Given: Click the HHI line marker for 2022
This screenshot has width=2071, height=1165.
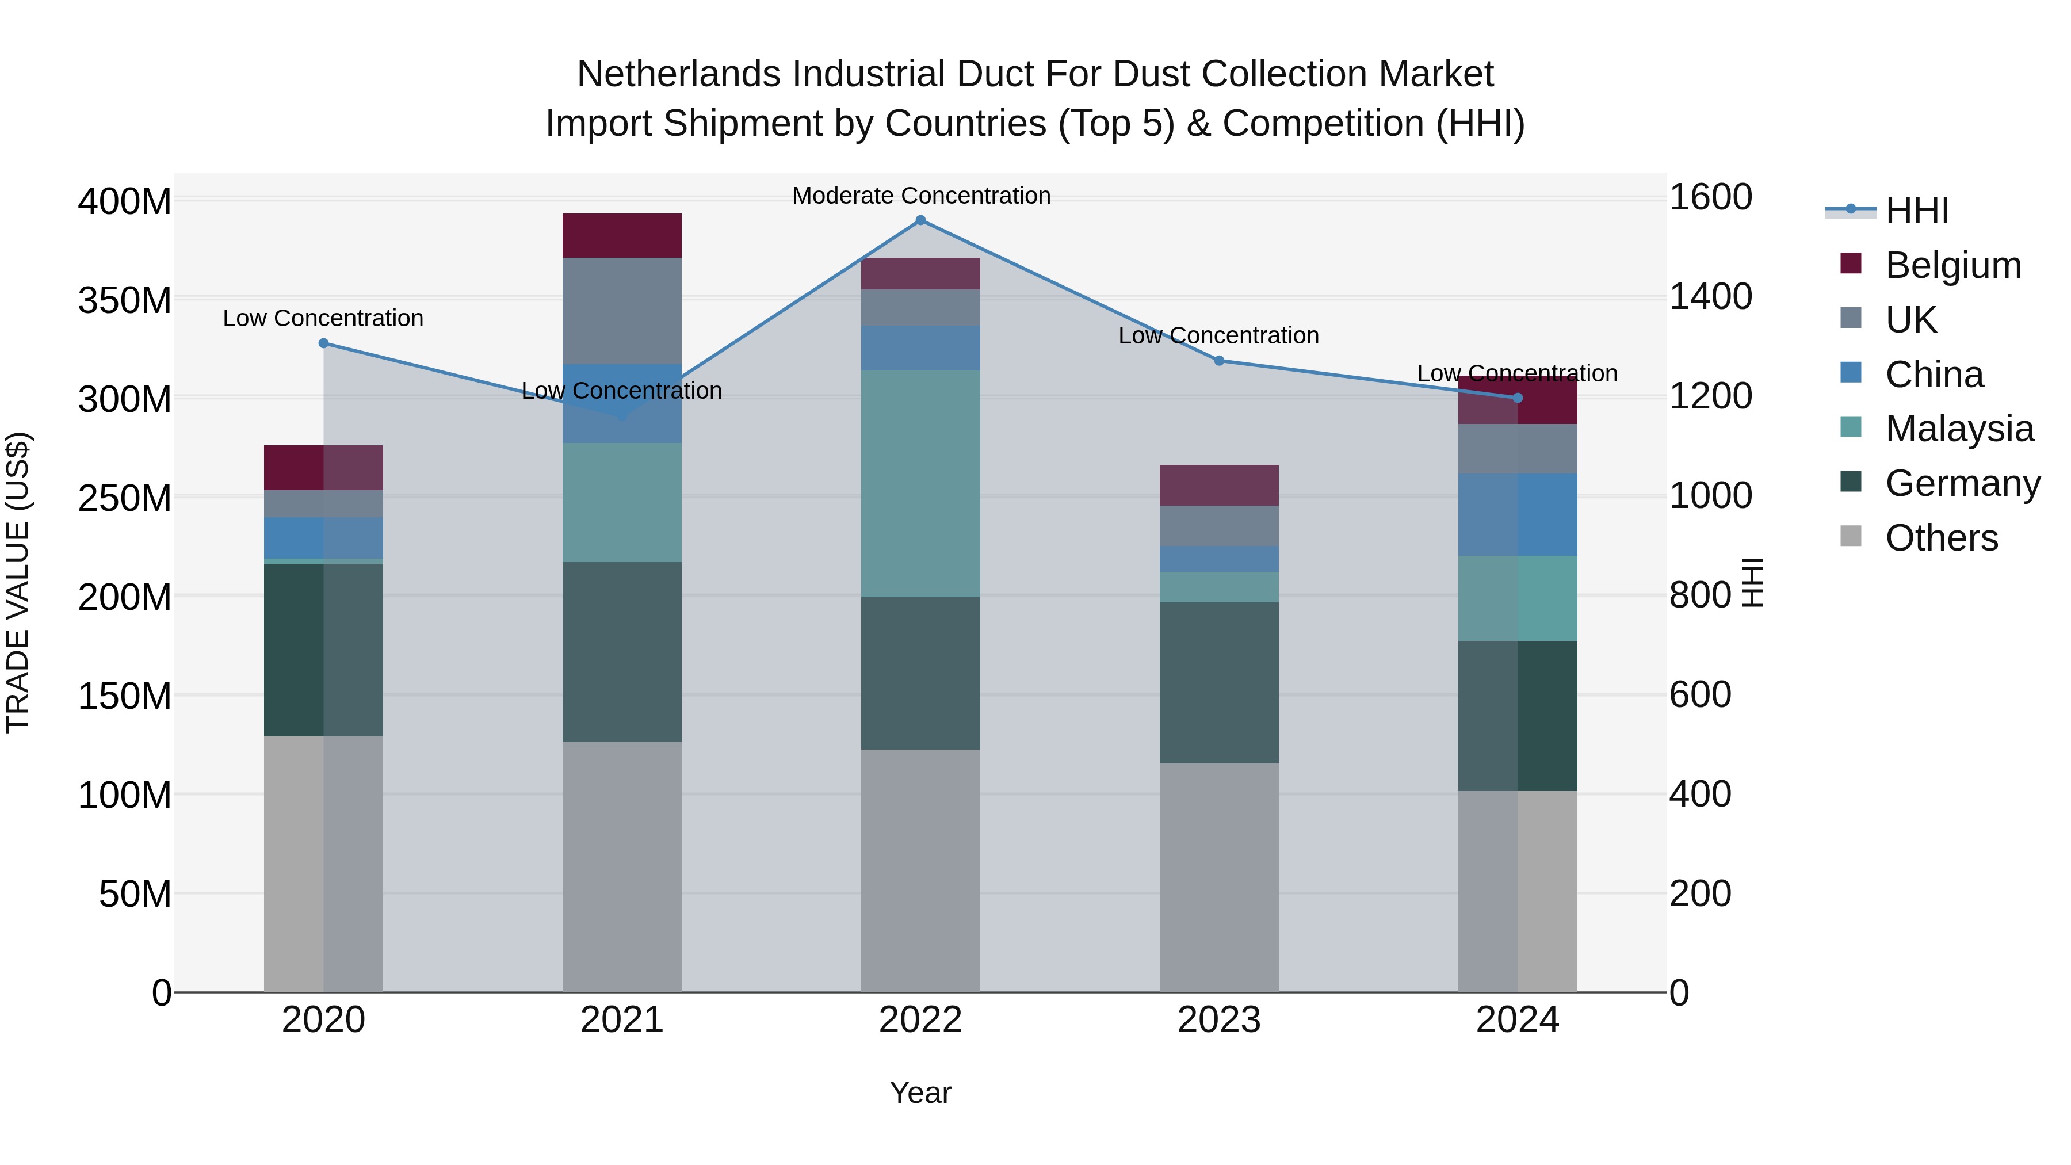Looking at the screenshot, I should (x=920, y=220).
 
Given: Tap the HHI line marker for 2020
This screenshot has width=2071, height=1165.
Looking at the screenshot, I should (x=324, y=343).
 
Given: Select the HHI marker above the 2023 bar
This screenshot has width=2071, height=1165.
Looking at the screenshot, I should (x=1219, y=361).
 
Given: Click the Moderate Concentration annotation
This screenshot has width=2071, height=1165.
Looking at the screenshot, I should (x=920, y=196).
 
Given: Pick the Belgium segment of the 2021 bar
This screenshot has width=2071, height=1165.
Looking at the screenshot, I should (x=621, y=235).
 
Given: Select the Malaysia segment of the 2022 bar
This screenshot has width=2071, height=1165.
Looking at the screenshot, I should (x=920, y=483).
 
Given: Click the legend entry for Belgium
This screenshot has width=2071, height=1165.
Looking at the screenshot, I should (x=1952, y=265).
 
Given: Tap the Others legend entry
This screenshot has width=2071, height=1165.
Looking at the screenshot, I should (x=1941, y=538).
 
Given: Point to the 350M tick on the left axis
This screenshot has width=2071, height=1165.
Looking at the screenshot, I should (x=125, y=301).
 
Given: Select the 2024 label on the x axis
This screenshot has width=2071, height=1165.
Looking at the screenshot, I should (x=1517, y=1020).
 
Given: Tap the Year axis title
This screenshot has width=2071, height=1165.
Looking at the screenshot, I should (x=920, y=1093).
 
